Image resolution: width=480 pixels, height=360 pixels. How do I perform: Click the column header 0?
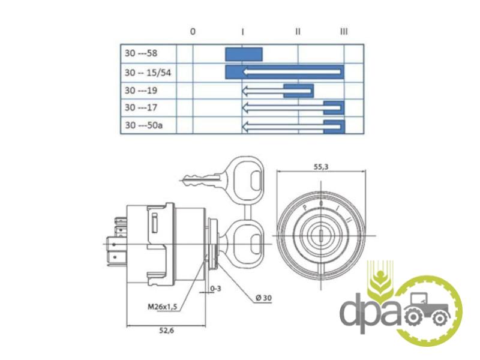193,31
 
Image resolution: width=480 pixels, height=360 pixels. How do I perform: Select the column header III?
344,31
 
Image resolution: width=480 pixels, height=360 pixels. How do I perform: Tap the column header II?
298,31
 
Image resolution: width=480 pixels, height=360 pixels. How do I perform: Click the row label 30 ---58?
141,53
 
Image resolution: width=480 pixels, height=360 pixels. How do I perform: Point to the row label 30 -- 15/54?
148,73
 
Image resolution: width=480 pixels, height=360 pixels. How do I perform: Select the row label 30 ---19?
141,91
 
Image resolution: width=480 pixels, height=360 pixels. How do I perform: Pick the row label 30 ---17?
141,107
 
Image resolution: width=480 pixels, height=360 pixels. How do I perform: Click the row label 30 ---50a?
143,125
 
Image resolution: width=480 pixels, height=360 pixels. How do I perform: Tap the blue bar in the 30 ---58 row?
244,55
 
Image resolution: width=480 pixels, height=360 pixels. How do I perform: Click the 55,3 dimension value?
321,167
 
